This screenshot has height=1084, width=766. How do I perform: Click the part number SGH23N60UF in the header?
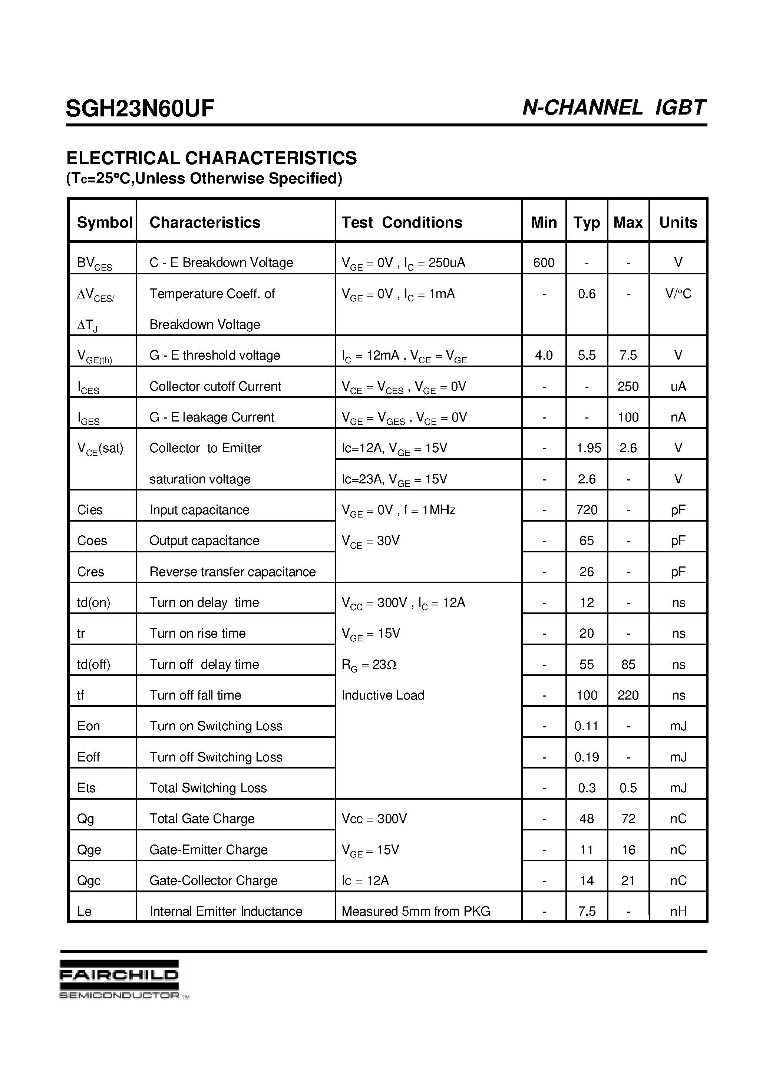click(140, 109)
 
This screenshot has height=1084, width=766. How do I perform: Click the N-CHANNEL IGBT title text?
click(614, 108)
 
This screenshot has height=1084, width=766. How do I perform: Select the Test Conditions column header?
click(402, 222)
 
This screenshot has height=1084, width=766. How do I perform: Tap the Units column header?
click(678, 222)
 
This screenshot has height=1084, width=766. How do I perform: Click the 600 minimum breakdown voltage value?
click(544, 262)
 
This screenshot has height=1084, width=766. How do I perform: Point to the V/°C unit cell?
click(678, 294)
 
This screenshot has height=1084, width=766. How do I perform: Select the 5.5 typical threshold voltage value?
click(587, 355)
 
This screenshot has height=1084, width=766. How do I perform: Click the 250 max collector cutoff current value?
click(628, 386)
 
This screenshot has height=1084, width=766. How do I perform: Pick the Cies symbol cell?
click(90, 510)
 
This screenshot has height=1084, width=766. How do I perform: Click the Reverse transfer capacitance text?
click(232, 572)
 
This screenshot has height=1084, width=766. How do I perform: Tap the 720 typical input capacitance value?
click(587, 510)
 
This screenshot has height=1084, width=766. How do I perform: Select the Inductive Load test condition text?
click(383, 695)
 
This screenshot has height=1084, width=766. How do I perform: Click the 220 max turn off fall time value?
click(628, 695)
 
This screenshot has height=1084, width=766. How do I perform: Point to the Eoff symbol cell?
click(88, 757)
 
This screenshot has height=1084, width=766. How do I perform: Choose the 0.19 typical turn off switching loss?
click(587, 757)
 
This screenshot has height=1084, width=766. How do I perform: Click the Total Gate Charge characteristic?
click(202, 819)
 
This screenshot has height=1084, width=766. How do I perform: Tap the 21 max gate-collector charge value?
click(628, 880)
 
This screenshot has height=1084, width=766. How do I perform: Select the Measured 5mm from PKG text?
click(416, 911)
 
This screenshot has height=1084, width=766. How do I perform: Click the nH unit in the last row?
click(678, 911)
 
